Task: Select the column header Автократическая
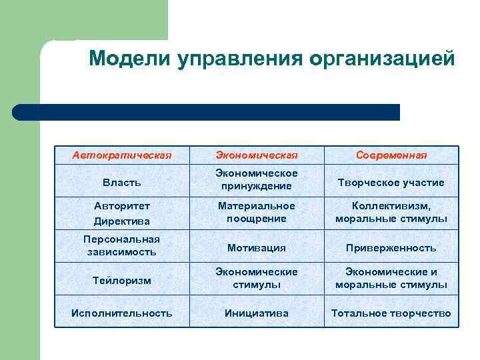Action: [122, 155]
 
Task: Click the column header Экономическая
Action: [256, 155]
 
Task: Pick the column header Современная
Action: [391, 155]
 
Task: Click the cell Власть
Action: [122, 182]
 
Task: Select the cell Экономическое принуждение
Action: [256, 180]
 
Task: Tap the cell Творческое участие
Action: [391, 182]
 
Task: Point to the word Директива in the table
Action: [122, 221]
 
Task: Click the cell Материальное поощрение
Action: [256, 213]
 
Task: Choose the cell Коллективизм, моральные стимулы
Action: [391, 213]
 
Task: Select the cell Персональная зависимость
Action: [122, 245]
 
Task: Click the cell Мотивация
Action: [256, 247]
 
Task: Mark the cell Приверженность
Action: [391, 247]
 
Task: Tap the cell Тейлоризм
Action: [122, 281]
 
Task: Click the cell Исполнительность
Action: [122, 313]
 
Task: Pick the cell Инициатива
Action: [256, 313]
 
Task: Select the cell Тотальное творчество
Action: [391, 313]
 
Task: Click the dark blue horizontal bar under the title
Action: [207, 112]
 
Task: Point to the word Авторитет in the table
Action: [122, 206]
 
